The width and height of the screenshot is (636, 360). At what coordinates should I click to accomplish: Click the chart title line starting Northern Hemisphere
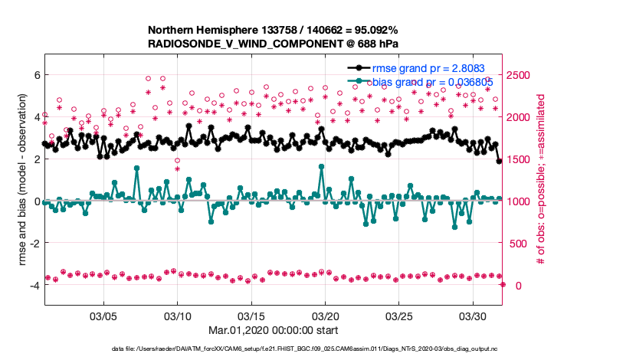tap(273, 30)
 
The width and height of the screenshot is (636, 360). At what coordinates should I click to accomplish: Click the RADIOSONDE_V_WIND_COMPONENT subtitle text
tap(273, 44)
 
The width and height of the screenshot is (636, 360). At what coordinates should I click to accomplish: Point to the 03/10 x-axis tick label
tap(177, 316)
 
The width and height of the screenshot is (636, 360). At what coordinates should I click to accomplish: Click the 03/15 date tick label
tap(251, 316)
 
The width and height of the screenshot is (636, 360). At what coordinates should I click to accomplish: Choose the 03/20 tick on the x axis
tap(326, 316)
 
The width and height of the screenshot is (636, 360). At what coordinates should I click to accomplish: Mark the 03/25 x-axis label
tap(400, 316)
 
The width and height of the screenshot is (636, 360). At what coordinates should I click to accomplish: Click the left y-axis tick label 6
tap(35, 75)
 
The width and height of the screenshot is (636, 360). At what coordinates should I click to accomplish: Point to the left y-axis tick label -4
tap(33, 286)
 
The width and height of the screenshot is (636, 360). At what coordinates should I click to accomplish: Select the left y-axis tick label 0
tap(35, 201)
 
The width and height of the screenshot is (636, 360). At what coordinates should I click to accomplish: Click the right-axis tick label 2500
tap(517, 75)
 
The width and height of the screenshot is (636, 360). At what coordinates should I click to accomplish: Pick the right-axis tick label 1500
tap(517, 159)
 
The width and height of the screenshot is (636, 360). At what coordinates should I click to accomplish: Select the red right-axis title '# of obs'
tap(540, 180)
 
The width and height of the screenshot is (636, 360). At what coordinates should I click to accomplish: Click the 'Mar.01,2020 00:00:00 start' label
tap(273, 331)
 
